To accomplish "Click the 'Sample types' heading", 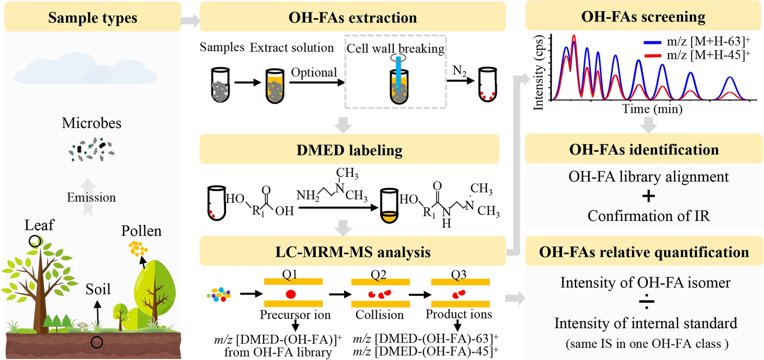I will click(x=93, y=17).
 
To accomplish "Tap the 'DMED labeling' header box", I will click(x=349, y=150).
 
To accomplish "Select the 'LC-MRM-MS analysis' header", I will click(x=353, y=252).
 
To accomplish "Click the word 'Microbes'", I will click(x=92, y=123).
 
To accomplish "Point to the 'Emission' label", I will click(x=91, y=197).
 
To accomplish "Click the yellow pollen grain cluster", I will click(x=138, y=249).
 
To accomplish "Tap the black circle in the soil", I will click(x=97, y=342).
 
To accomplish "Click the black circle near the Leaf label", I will click(x=35, y=241).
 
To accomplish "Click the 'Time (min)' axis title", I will click(x=652, y=109).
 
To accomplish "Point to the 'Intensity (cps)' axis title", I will click(x=539, y=72).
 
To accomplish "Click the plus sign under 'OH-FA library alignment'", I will click(x=648, y=196).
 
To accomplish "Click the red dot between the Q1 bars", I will click(x=291, y=294).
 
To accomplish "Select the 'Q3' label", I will click(x=459, y=274).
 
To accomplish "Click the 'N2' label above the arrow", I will click(x=459, y=70).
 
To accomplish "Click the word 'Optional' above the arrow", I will click(x=314, y=72).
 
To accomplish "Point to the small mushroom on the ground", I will click(x=82, y=326).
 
